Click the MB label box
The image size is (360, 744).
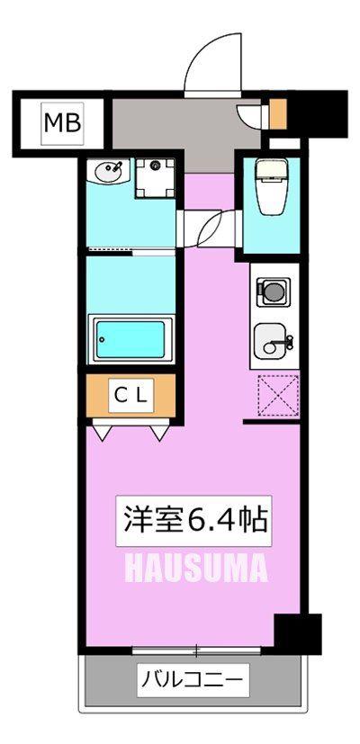tap(63, 123)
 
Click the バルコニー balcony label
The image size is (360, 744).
tap(193, 680)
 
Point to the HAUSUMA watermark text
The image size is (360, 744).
tap(196, 569)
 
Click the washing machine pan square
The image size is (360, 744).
tap(155, 177)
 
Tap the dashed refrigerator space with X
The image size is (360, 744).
tap(278, 396)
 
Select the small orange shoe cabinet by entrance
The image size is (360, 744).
tap(278, 114)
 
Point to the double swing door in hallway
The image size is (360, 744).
tap(209, 227)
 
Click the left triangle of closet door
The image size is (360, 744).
tap(103, 433)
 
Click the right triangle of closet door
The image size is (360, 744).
tap(160, 433)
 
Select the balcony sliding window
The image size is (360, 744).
tap(196, 651)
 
